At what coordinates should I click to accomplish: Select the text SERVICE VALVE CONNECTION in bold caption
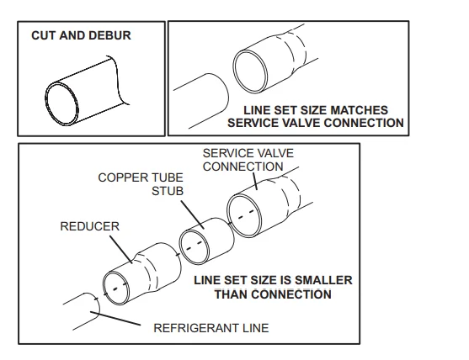point(316,123)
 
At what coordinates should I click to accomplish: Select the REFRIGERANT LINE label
point(211,328)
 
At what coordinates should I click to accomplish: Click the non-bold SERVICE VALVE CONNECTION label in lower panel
point(242,160)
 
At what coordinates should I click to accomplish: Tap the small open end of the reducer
point(115,288)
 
